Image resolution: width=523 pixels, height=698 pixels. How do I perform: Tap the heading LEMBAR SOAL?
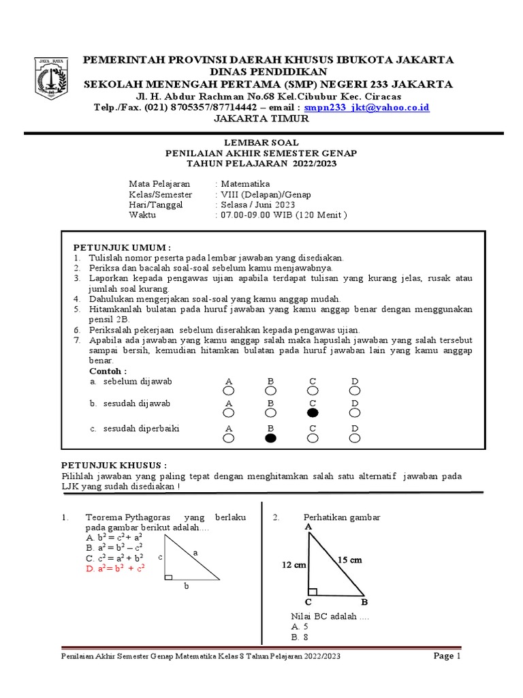tap(261, 144)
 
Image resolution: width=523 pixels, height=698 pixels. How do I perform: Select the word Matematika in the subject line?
tap(244, 184)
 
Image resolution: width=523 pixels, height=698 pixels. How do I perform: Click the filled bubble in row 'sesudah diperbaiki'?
tap(270, 438)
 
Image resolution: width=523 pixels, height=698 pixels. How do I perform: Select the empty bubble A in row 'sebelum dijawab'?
tap(228, 391)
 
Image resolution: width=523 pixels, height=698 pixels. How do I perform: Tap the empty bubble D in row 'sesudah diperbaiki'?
tap(355, 438)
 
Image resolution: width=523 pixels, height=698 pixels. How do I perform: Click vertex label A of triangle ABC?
tap(308, 527)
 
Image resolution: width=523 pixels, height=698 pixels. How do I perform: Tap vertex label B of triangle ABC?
tap(364, 603)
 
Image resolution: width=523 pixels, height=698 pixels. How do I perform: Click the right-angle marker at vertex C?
tap(313, 591)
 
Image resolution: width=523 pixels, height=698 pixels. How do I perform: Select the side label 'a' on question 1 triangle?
tap(195, 553)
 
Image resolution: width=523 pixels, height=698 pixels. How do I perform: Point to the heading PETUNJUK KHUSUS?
tap(114, 464)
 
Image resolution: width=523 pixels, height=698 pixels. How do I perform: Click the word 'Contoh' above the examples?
tap(108, 370)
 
